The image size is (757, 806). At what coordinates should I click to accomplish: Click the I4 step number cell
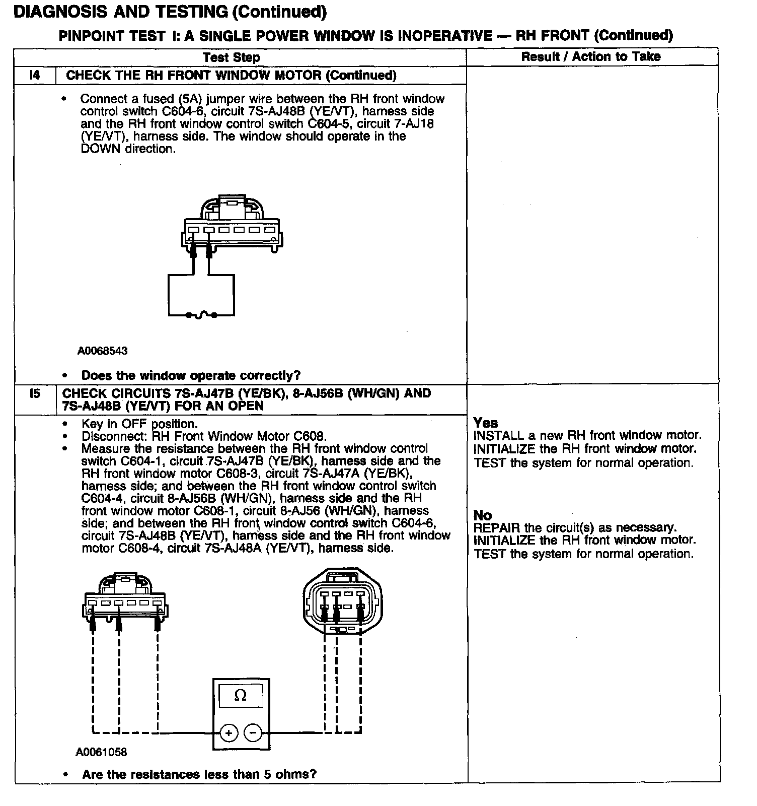pos(34,76)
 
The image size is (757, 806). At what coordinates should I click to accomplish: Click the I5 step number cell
pos(34,393)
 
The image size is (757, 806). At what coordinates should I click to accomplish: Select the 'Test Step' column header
pos(232,57)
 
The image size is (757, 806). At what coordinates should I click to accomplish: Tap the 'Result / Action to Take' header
pos(590,56)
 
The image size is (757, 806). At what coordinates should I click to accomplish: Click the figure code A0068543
pos(102,351)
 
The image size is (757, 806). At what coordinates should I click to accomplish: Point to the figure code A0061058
pos(101,752)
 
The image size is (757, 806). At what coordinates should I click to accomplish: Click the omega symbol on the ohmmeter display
pos(241,696)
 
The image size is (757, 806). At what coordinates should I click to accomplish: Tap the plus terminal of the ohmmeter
pos(229,733)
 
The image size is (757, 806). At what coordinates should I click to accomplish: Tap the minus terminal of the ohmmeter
pos(253,733)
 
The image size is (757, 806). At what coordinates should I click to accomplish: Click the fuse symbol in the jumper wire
pos(201,315)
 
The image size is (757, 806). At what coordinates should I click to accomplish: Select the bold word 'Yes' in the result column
pos(486,423)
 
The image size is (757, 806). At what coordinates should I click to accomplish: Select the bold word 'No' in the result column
pos(483,515)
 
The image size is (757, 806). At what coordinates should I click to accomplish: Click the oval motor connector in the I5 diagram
pos(343,602)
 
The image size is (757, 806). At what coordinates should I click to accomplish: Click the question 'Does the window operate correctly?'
pos(191,375)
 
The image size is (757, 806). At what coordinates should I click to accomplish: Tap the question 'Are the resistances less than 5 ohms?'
pos(199,774)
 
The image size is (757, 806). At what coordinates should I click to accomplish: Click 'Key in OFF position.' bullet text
pos(139,424)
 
